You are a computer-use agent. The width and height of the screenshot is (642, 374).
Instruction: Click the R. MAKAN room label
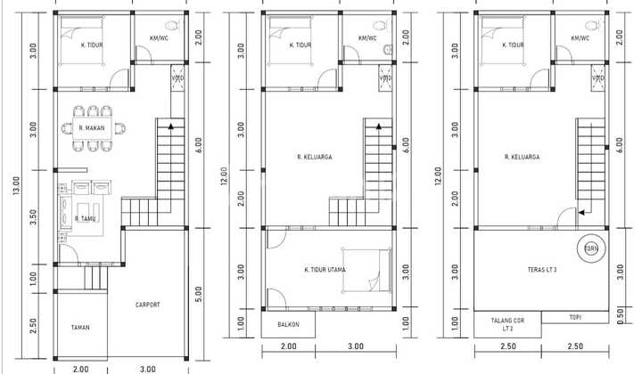[x=93, y=128]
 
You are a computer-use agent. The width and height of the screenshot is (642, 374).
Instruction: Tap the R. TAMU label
[x=86, y=218]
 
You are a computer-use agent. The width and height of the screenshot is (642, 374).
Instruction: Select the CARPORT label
[x=147, y=305]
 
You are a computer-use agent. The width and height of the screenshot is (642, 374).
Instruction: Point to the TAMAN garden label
[x=80, y=328]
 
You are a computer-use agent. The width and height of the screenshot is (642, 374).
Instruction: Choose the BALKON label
[x=288, y=325]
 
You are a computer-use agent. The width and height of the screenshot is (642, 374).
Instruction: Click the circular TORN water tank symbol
[x=590, y=248]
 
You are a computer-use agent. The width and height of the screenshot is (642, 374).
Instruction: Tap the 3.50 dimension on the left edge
[x=33, y=215]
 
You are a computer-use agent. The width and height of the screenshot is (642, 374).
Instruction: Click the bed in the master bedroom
[x=367, y=269]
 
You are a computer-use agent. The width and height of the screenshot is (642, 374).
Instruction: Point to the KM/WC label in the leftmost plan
[x=160, y=38]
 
